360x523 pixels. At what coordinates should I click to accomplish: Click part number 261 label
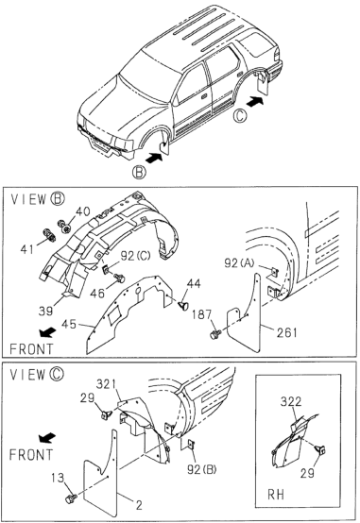(287, 332)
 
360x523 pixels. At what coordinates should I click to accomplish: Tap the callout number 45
(69, 324)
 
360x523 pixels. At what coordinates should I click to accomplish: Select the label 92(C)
(135, 256)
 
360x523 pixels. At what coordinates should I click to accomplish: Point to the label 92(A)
(239, 263)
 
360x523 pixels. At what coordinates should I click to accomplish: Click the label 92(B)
(201, 469)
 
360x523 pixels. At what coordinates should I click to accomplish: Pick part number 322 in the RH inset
(290, 401)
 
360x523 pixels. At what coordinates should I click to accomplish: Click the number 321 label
(106, 384)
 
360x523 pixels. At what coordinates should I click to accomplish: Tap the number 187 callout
(201, 314)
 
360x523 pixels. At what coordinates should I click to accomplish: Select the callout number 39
(45, 311)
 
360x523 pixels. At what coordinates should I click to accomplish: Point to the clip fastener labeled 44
(183, 305)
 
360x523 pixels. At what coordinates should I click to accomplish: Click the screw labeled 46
(119, 278)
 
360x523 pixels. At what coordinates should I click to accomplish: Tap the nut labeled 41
(49, 235)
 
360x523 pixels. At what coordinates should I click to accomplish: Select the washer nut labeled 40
(64, 227)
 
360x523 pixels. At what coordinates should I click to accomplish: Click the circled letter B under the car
(139, 173)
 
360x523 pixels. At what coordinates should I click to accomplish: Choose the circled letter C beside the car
(240, 116)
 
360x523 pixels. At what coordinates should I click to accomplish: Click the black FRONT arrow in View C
(46, 438)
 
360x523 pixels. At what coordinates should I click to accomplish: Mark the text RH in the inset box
(276, 494)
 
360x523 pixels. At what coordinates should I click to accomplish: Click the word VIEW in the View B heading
(28, 199)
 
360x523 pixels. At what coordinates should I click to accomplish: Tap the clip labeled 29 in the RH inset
(321, 450)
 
